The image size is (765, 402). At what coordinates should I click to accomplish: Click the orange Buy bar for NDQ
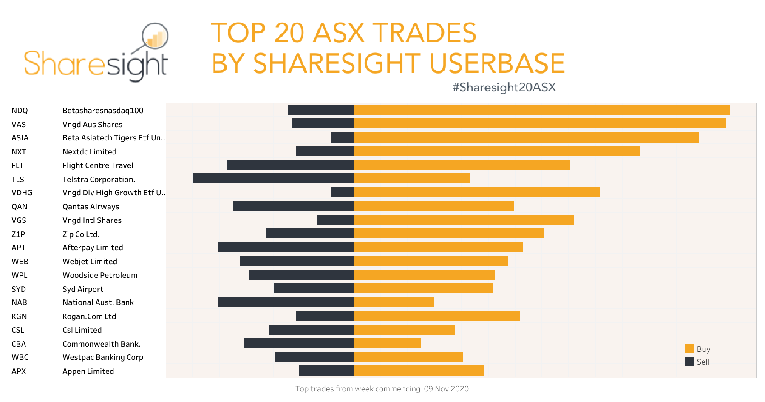(542, 110)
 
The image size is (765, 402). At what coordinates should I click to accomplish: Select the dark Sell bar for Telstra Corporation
(273, 178)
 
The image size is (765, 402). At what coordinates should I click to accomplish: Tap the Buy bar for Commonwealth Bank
(387, 343)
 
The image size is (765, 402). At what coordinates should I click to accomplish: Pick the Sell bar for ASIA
(342, 137)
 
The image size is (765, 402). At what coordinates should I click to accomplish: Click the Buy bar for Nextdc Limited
(497, 151)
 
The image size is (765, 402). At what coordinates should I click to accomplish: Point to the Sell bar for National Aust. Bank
(286, 302)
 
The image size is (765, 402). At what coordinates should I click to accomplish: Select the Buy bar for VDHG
(477, 192)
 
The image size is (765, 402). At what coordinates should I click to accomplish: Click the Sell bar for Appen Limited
(326, 371)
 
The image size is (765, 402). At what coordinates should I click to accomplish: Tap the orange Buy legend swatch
(689, 349)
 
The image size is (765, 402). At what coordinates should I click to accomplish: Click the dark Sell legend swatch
(689, 362)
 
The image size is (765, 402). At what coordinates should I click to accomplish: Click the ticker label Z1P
(18, 234)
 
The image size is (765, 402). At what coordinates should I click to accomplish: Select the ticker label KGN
(19, 316)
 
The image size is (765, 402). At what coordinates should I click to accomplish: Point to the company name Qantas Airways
(91, 207)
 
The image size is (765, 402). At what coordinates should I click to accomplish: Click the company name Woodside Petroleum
(100, 275)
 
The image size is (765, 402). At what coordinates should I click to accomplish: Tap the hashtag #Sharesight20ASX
(504, 87)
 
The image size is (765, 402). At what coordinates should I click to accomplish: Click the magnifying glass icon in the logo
(155, 37)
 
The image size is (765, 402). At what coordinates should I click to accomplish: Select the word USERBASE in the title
(497, 63)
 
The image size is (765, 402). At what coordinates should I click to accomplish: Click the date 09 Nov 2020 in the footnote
(446, 389)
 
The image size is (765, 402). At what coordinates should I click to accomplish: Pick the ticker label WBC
(20, 357)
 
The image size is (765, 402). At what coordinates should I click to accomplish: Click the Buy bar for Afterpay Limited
(438, 247)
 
